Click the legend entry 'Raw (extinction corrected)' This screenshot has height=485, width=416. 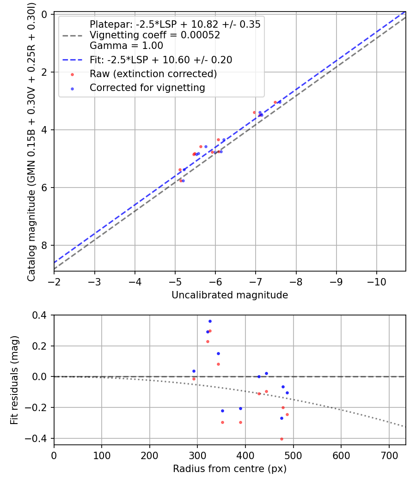pyautogui.click(x=153, y=74)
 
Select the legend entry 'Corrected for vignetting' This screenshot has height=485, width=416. pyautogui.click(x=147, y=88)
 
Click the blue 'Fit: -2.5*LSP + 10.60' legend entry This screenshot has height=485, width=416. pyautogui.click(x=161, y=60)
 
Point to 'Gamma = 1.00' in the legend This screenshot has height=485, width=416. pyautogui.click(x=126, y=46)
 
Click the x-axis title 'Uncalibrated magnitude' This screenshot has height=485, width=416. pyautogui.click(x=230, y=295)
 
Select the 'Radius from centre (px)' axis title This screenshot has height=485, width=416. pyautogui.click(x=230, y=469)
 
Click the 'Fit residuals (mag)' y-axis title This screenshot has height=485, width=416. pyautogui.click(x=14, y=380)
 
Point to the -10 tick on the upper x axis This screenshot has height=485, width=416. pyautogui.click(x=376, y=281)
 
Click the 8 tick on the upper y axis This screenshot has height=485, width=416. pyautogui.click(x=44, y=245)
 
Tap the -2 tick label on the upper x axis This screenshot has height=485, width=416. pyautogui.click(x=54, y=281)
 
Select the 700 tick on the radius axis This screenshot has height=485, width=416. pyautogui.click(x=389, y=455)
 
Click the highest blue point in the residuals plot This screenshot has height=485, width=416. pyautogui.click(x=210, y=321)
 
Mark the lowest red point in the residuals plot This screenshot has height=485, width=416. pyautogui.click(x=281, y=439)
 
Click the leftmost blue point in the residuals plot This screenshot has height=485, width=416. pyautogui.click(x=194, y=371)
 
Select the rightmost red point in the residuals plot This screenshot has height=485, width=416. pyautogui.click(x=287, y=414)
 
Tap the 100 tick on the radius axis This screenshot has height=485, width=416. pyautogui.click(x=102, y=455)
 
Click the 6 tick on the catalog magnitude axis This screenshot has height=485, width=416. pyautogui.click(x=44, y=188)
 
